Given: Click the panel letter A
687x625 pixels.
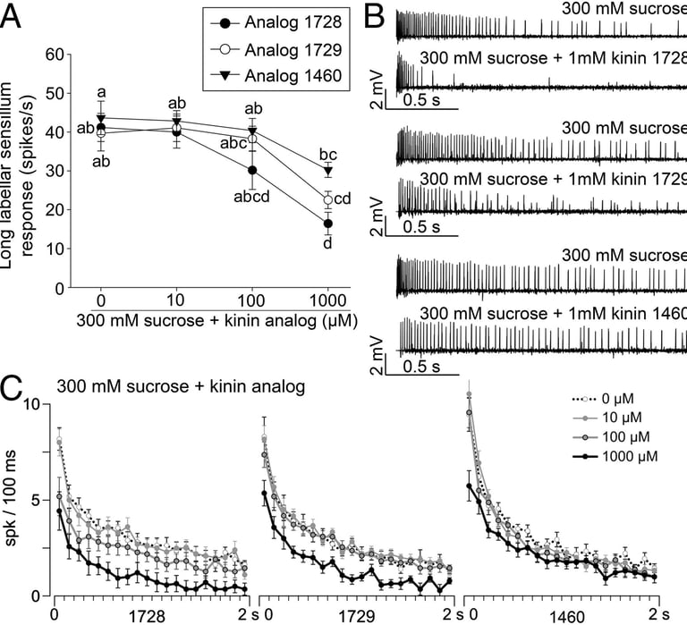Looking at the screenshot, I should click(12, 16).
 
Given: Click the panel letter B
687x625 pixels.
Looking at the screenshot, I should click(377, 16).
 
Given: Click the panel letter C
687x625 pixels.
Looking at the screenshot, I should click(13, 389).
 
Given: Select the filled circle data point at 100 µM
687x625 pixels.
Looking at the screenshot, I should click(252, 170).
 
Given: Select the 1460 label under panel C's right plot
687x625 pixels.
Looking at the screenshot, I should click(565, 615).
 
